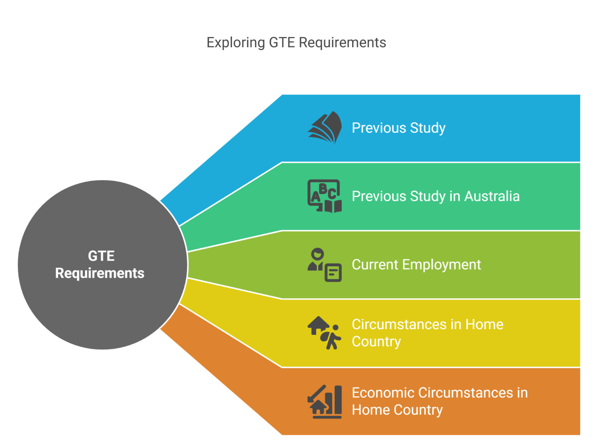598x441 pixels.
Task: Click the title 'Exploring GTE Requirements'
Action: click(x=296, y=42)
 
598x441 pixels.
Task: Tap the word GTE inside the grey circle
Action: click(x=101, y=256)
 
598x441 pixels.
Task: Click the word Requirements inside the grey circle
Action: click(x=100, y=273)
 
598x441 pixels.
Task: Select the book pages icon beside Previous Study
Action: click(x=325, y=128)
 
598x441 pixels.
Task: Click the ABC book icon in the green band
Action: click(x=325, y=196)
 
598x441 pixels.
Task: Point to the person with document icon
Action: click(x=325, y=264)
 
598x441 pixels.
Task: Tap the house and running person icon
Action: click(x=325, y=333)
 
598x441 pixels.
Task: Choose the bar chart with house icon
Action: click(x=325, y=401)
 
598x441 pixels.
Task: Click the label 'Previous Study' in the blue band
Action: click(x=398, y=128)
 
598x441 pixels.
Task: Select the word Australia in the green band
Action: click(x=492, y=196)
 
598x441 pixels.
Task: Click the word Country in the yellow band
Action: click(x=376, y=342)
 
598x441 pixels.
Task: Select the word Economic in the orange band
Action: click(x=383, y=393)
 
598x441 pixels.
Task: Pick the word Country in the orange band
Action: click(x=418, y=410)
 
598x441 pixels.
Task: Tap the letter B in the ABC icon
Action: click(x=323, y=189)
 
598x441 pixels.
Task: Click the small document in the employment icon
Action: click(x=333, y=273)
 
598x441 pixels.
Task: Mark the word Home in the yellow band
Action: click(x=484, y=324)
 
